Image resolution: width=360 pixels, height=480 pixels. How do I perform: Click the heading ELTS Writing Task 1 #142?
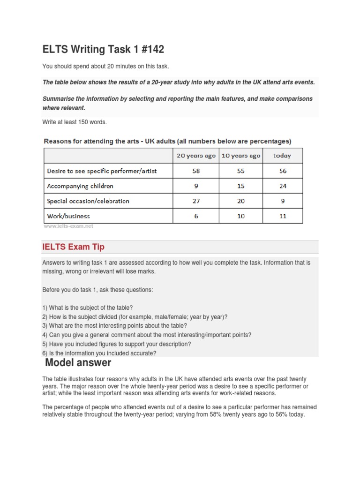pyautogui.click(x=103, y=49)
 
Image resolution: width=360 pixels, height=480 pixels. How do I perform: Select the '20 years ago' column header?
pyautogui.click(x=196, y=156)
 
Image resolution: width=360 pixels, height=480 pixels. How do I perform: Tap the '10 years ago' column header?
pyautogui.click(x=240, y=156)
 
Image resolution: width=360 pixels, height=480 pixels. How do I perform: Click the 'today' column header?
pyautogui.click(x=282, y=156)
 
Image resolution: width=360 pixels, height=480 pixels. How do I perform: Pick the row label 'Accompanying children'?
pyautogui.click(x=80, y=186)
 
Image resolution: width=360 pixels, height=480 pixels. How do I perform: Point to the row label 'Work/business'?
pyautogui.click(x=68, y=216)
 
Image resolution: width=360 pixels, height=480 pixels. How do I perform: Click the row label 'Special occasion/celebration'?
pyautogui.click(x=88, y=201)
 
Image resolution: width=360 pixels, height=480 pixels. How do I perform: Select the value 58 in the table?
pyautogui.click(x=196, y=171)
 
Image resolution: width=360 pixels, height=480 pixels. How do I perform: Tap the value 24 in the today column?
pyautogui.click(x=282, y=186)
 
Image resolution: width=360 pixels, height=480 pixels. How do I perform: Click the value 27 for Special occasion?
pyautogui.click(x=196, y=201)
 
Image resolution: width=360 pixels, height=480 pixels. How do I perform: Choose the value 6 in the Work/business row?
pyautogui.click(x=196, y=216)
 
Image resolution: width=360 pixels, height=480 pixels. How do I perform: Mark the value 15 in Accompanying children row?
pyautogui.click(x=240, y=186)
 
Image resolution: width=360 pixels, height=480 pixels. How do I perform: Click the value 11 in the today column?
pyautogui.click(x=282, y=216)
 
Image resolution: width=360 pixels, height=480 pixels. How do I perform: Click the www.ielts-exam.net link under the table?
pyautogui.click(x=68, y=226)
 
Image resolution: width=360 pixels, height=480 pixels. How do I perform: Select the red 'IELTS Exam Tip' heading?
pyautogui.click(x=73, y=247)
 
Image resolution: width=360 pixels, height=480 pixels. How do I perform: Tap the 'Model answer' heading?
pyautogui.click(x=78, y=363)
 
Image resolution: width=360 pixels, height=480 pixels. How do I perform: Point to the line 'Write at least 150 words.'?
pyautogui.click(x=75, y=122)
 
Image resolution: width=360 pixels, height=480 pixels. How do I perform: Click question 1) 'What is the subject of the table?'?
pyautogui.click(x=88, y=308)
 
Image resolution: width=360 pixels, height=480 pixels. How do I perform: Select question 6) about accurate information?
pyautogui.click(x=99, y=353)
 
